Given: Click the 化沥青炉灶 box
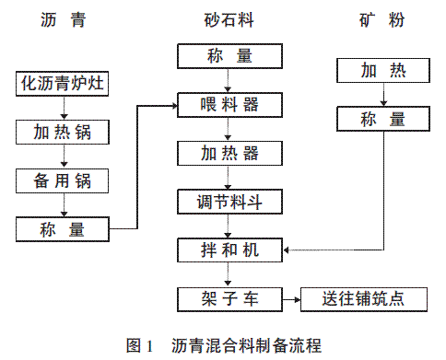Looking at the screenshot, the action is point(62,84).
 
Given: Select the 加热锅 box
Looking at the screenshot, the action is point(63,133).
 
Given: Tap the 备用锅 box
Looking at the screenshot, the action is point(62,180).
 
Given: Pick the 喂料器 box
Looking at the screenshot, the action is point(229,105).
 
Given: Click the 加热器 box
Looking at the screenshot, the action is point(229,154).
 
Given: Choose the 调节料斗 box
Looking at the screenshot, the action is point(229,202).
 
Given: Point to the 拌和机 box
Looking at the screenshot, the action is point(229,250).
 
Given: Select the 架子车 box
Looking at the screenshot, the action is point(229,299).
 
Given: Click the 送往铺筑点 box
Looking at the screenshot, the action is point(364,299).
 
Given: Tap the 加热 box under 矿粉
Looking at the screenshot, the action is point(383,70).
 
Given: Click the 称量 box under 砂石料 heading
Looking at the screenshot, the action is point(229,56).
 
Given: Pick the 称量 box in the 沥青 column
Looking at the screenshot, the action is point(63,229).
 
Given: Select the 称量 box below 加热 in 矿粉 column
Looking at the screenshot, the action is point(383,119).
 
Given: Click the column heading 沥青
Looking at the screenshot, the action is point(63,20).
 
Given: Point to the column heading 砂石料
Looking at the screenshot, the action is point(229,20).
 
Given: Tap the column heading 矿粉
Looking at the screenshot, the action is point(381,20).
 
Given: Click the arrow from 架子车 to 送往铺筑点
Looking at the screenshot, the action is point(291,299).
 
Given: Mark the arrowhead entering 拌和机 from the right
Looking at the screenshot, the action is point(286,250).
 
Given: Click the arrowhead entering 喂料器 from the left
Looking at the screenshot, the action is point(175,106).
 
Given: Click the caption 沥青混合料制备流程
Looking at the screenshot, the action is point(246,345).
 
